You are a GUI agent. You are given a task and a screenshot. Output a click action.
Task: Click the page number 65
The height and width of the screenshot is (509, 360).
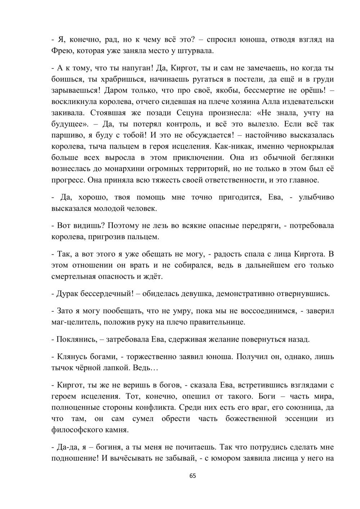193,476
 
